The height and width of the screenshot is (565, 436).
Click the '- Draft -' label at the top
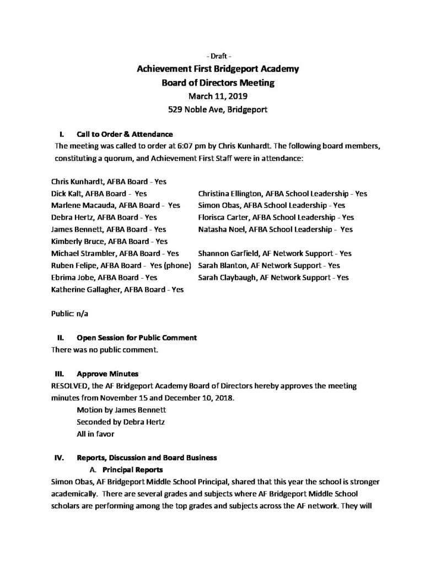click(218, 56)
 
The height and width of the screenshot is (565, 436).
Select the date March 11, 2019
click(218, 96)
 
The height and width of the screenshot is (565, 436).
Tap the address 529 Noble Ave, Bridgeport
click(218, 109)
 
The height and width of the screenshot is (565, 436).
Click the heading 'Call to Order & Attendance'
click(125, 134)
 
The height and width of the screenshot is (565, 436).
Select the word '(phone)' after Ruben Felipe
click(176, 265)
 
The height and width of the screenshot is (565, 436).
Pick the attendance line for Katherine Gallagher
click(117, 289)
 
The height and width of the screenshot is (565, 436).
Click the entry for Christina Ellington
click(283, 194)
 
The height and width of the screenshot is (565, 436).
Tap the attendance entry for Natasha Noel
click(276, 229)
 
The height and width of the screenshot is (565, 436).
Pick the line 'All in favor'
click(95, 434)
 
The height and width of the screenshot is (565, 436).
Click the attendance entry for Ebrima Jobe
click(104, 278)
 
